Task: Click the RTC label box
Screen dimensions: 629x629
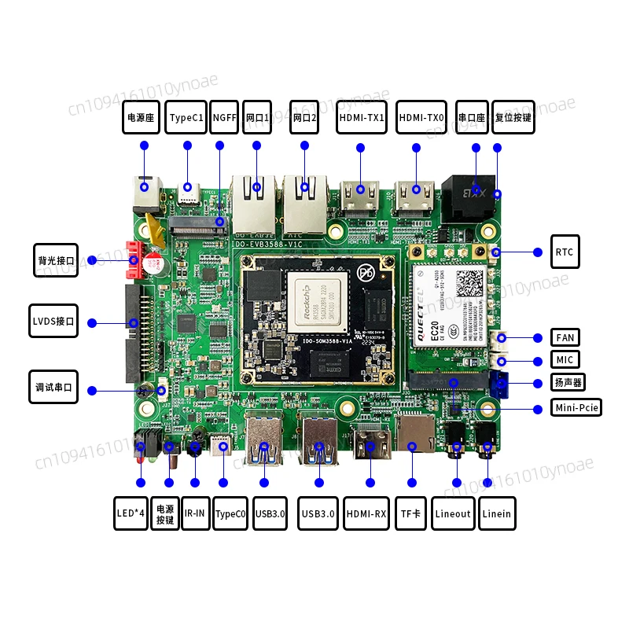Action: [565, 252]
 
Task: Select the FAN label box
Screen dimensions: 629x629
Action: [565, 338]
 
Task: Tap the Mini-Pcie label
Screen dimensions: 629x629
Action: [576, 408]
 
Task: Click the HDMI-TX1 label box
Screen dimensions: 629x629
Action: [361, 117]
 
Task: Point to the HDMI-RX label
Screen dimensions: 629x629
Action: [367, 513]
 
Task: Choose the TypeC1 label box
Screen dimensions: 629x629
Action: [187, 117]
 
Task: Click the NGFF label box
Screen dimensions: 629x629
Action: [224, 117]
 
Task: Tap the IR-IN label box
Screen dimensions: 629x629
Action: [195, 513]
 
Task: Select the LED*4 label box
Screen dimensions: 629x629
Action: [130, 513]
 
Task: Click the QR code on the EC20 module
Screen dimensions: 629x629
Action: [471, 281]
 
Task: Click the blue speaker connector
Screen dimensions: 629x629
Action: [498, 384]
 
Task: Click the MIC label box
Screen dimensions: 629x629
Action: [565, 360]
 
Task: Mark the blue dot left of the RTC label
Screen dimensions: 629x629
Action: [538, 252]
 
